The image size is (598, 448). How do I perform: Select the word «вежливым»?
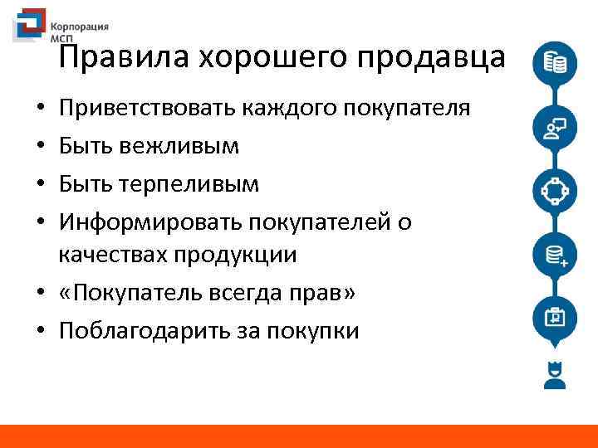click(x=179, y=146)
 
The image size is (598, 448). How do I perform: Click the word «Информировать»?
click(x=142, y=222)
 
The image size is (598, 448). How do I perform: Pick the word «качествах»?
click(x=111, y=254)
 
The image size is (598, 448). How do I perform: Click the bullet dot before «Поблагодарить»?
click(x=40, y=332)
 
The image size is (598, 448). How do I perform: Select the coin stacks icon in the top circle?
click(x=555, y=63)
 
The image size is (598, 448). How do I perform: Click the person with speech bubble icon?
click(x=555, y=127)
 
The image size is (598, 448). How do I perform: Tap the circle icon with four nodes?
click(x=555, y=190)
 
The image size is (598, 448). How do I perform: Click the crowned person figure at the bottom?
click(x=554, y=375)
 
